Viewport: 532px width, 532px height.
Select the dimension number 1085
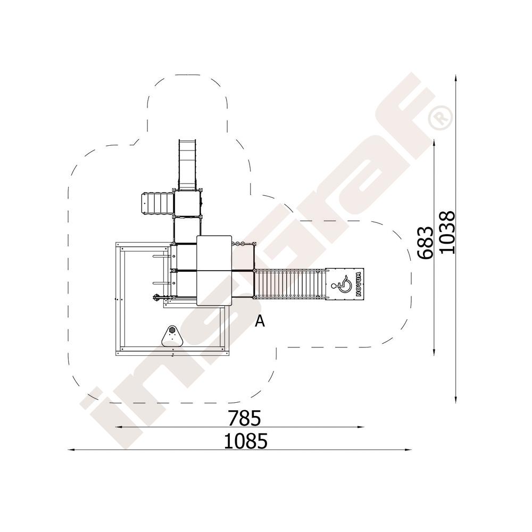pyautogui.click(x=246, y=440)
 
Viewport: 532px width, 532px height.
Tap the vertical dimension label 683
pyautogui.click(x=426, y=243)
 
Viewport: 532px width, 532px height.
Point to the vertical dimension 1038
pyautogui.click(x=446, y=232)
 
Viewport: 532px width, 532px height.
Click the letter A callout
pyautogui.click(x=260, y=321)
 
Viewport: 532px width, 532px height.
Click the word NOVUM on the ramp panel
pyautogui.click(x=359, y=284)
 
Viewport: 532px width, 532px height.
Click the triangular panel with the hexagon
pyautogui.click(x=173, y=336)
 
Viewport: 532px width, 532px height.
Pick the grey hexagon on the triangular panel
pyautogui.click(x=172, y=329)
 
